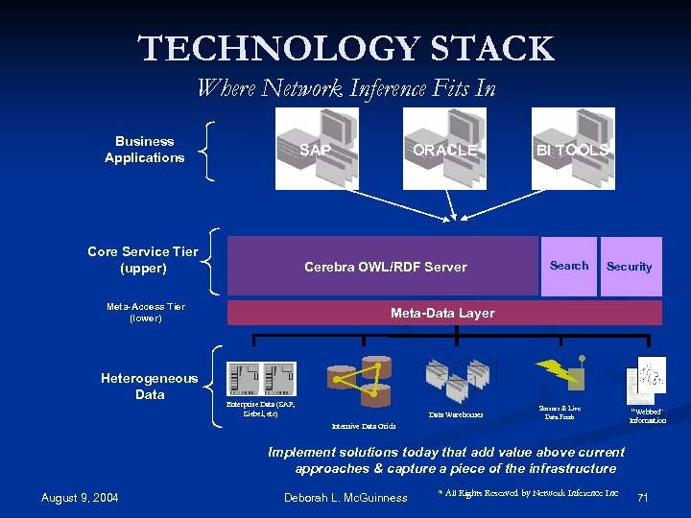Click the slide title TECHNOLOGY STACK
(345, 48)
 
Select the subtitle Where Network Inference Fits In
(345, 88)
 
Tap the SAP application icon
(316, 149)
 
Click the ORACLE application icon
(443, 149)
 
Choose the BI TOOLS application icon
(571, 149)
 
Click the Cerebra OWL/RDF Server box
(384, 267)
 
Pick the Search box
(569, 266)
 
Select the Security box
(630, 267)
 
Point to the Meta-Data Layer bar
(442, 313)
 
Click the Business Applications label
(144, 150)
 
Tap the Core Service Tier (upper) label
(143, 260)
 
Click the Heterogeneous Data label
(150, 387)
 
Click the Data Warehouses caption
(456, 415)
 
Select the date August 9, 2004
(80, 497)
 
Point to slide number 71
(643, 497)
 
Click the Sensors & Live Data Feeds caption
(560, 412)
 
